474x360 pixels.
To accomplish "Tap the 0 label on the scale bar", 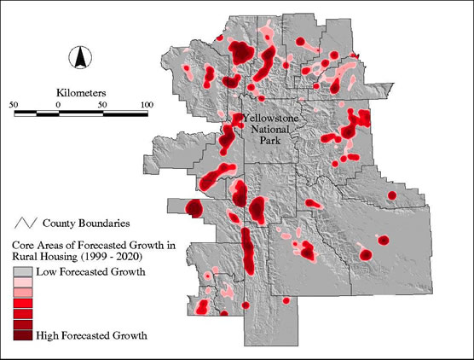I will pos(57,104).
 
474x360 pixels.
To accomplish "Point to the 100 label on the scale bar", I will pos(147,104).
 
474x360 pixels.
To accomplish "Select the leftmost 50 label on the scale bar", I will pos(14,104).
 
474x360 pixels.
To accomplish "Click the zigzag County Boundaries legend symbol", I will pos(25,224).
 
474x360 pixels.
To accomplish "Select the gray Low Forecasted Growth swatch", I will pos(22,272).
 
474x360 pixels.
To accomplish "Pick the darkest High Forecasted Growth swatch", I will pos(22,335).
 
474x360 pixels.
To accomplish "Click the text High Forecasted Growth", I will pos(91,336).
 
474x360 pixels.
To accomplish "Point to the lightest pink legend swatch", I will pos(22,282).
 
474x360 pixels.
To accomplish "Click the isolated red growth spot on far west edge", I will pos(194,208).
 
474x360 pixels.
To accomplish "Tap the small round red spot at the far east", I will pos(392,195).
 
